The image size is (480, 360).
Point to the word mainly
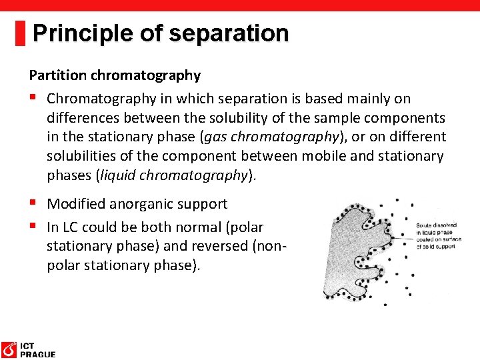364,99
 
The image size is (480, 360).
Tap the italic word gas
218,137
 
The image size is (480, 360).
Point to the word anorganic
142,204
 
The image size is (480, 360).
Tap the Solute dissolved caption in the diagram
437,226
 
